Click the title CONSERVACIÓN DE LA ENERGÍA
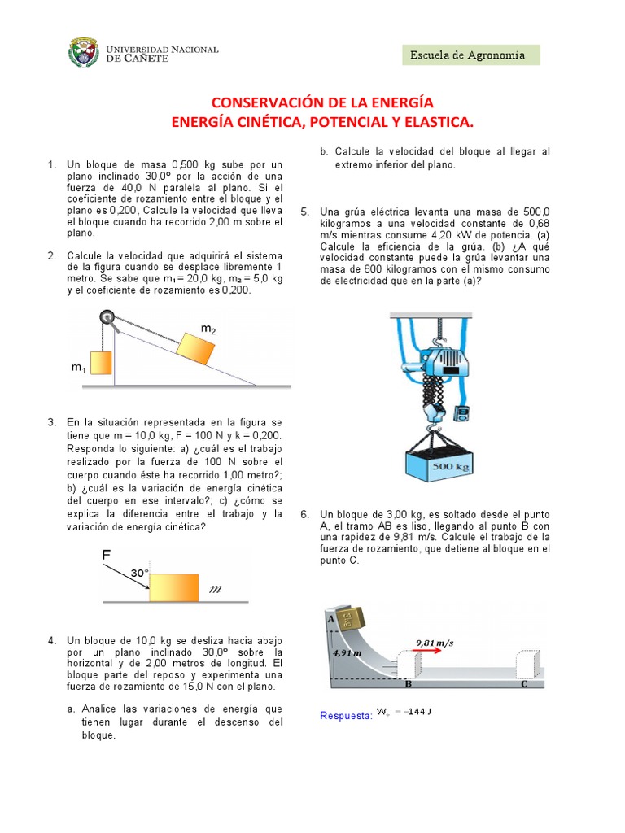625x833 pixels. [322, 102]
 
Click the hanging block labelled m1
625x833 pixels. [98, 362]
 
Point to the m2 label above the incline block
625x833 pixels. [209, 328]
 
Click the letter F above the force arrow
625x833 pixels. [106, 555]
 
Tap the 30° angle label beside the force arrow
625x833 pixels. [140, 573]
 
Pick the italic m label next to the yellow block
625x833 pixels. [216, 588]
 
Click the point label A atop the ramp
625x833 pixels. [331, 618]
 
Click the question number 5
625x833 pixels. [305, 212]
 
